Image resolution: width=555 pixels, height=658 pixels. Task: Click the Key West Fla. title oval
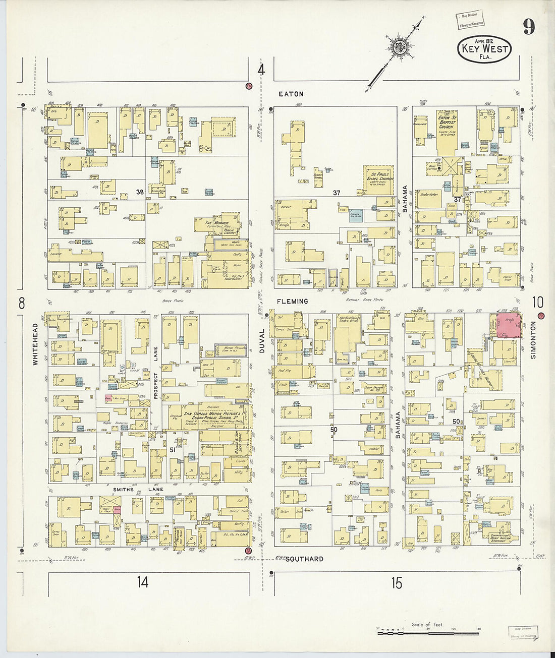click(484, 49)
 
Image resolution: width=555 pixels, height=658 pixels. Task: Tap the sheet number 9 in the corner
click(528, 27)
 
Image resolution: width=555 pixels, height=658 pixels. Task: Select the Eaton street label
click(291, 94)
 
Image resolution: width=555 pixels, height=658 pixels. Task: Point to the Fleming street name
click(292, 302)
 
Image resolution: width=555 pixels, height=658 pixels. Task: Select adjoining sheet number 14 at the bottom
click(143, 582)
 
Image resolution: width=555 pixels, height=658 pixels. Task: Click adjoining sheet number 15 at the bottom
click(397, 583)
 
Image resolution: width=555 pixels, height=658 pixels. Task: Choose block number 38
click(140, 192)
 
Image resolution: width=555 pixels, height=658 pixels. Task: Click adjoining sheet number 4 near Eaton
click(261, 71)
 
